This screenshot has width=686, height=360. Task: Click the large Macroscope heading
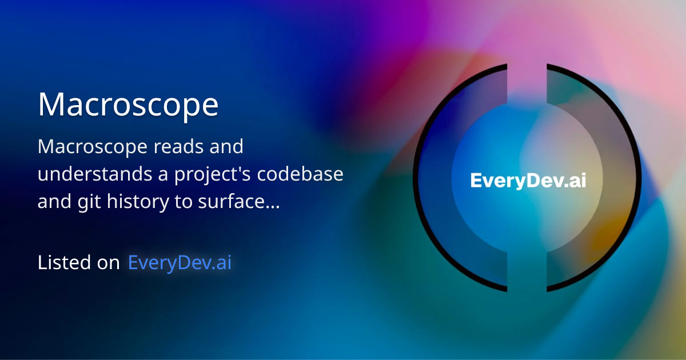click(128, 105)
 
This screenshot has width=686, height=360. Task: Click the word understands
click(90, 174)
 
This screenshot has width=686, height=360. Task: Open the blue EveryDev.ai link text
click(180, 263)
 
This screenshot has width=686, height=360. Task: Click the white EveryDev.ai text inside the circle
click(528, 181)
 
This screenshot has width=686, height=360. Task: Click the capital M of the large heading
click(50, 105)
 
